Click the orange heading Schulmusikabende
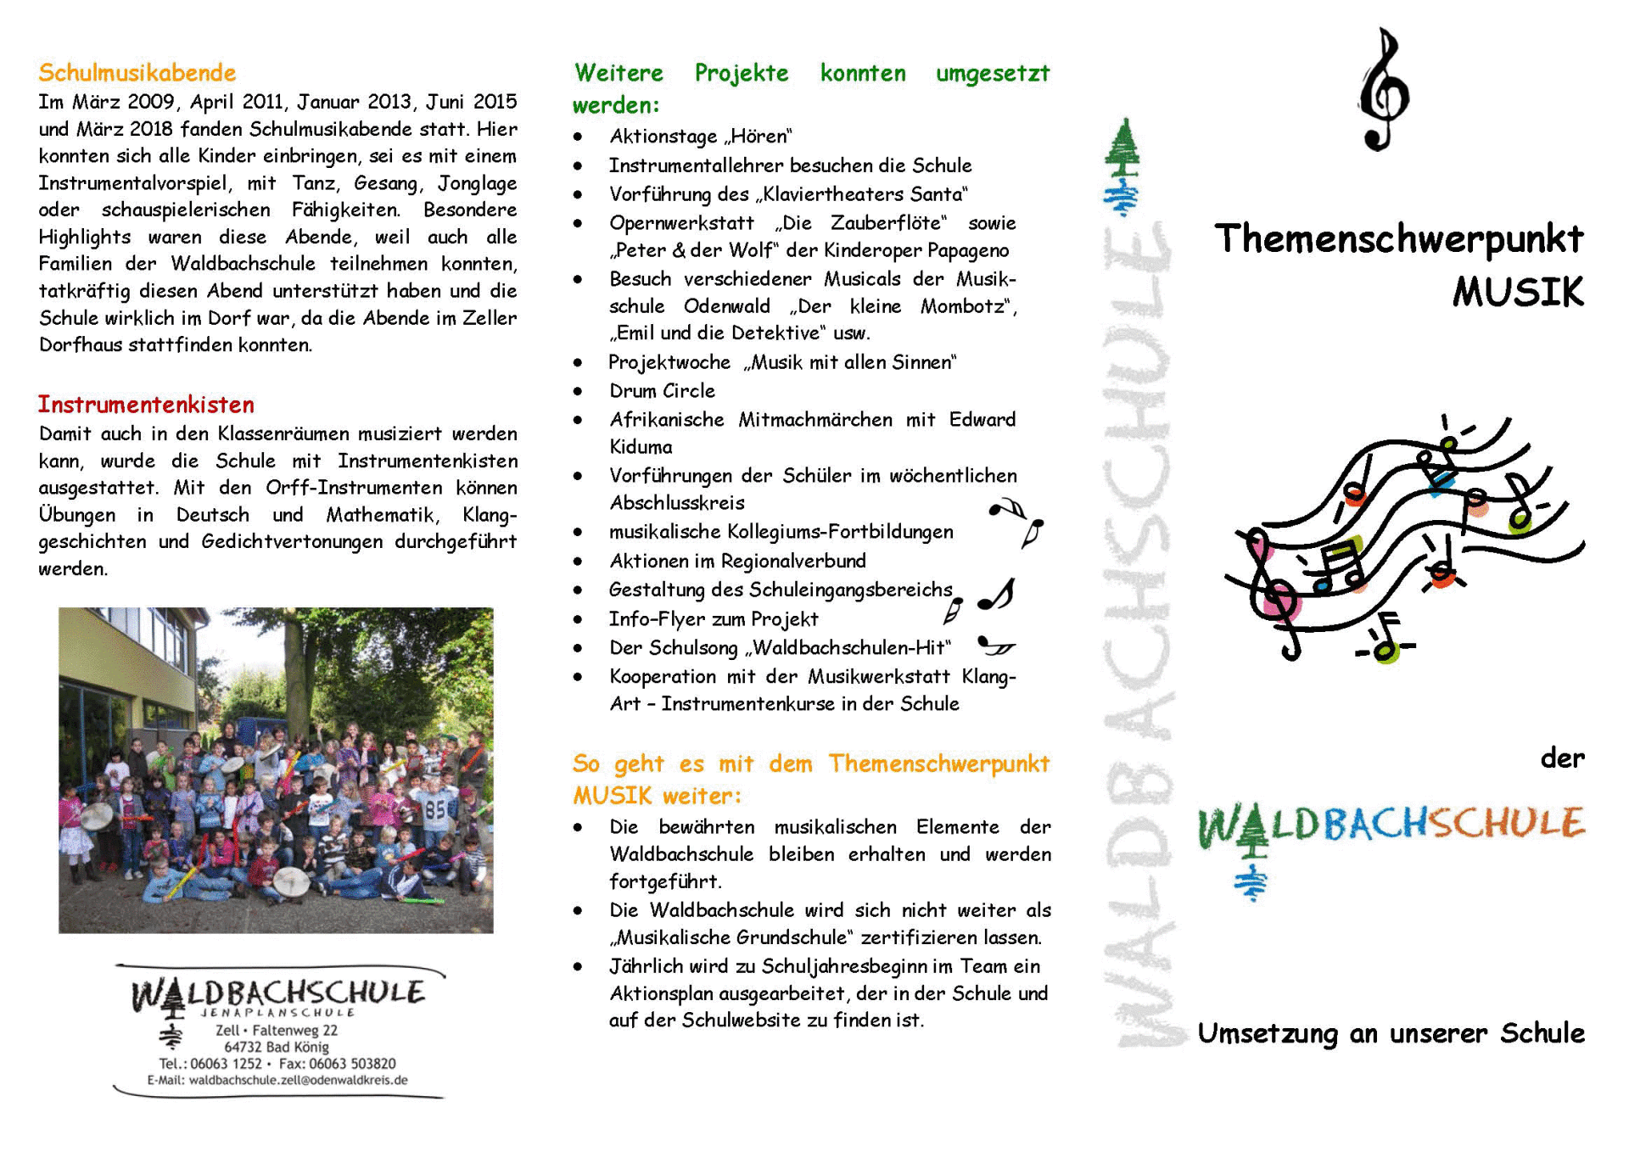137,73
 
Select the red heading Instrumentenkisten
146,405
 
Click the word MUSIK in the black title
1517,293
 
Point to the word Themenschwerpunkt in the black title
1398,239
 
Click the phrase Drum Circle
662,391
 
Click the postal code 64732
244,1047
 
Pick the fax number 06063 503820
349,1064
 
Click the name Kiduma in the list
641,447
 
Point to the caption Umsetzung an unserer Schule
1391,1033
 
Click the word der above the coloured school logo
1562,758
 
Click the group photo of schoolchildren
276,769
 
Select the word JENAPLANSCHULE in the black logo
277,1013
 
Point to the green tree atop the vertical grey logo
1122,148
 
